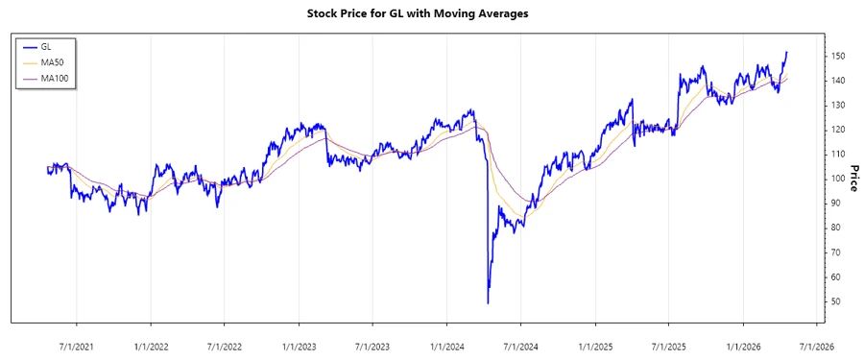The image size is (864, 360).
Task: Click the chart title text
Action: [x=431, y=13]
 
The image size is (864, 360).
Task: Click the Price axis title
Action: [x=851, y=179]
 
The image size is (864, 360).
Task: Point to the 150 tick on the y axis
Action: [x=837, y=57]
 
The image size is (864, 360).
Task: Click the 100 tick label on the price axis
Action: [x=837, y=179]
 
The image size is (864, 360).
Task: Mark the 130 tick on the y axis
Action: [x=837, y=106]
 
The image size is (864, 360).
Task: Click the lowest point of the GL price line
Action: [x=488, y=303]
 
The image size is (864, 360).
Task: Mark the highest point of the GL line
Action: [x=787, y=52]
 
